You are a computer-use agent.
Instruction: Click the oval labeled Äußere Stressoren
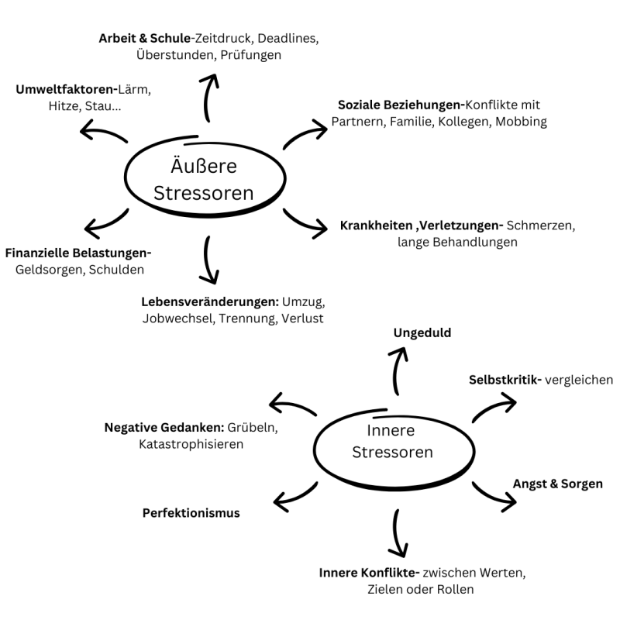pos(204,179)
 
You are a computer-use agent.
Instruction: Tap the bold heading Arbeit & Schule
pos(144,37)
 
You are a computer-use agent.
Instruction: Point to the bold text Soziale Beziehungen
pos(400,104)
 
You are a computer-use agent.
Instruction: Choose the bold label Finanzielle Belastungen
pos(78,253)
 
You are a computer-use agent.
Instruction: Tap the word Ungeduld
pos(422,332)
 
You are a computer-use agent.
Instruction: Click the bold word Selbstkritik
pos(504,380)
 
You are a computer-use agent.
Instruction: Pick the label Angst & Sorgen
pos(558,484)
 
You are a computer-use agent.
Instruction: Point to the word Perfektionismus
pos(191,512)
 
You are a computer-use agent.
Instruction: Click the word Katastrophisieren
pos(191,444)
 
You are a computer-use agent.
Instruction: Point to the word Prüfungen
pos(250,55)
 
